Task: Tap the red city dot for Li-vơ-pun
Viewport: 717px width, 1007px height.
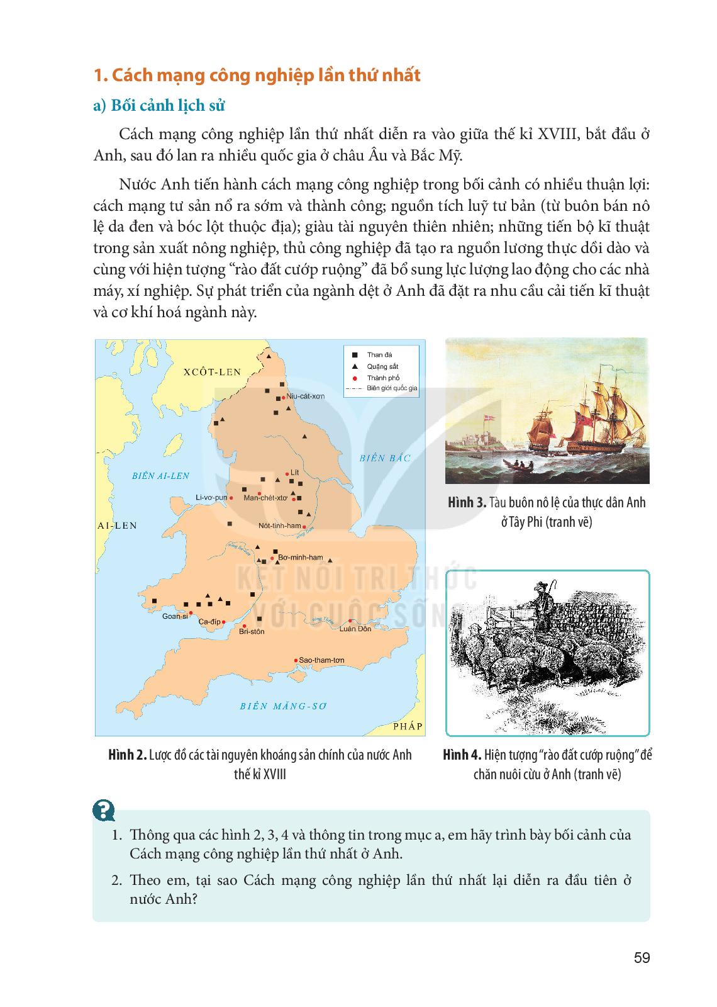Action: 231,498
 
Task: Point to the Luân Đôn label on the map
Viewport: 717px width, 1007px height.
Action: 355,628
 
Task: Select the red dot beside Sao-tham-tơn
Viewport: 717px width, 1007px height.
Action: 296,660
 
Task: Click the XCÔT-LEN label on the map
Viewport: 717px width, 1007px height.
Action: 212,371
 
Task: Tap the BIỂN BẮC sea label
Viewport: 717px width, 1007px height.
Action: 385,458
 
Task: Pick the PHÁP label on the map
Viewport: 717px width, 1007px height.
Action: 408,726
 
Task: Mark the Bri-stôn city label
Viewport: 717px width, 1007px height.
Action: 252,631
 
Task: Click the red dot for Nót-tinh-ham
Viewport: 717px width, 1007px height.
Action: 304,526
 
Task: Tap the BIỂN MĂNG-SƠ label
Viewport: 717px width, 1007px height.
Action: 284,706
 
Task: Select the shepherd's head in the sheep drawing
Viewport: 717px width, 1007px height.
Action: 538,591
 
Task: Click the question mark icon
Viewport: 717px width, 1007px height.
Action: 103,810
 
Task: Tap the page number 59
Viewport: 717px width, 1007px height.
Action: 642,958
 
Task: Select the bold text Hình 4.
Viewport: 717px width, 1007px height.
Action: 462,755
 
